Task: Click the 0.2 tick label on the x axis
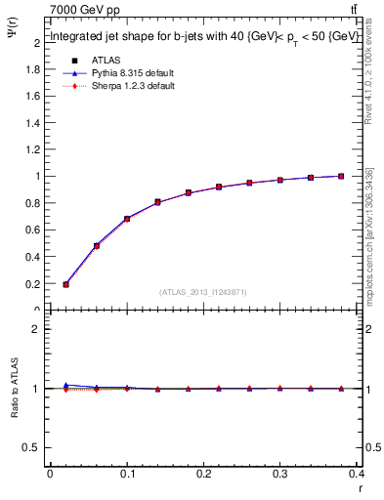[x=203, y=475]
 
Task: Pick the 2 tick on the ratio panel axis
[x=36, y=329]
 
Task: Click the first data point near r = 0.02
[x=65, y=284]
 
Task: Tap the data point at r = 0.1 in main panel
[x=127, y=219]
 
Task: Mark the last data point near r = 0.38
[x=341, y=176]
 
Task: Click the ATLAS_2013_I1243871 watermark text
[x=203, y=292]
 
